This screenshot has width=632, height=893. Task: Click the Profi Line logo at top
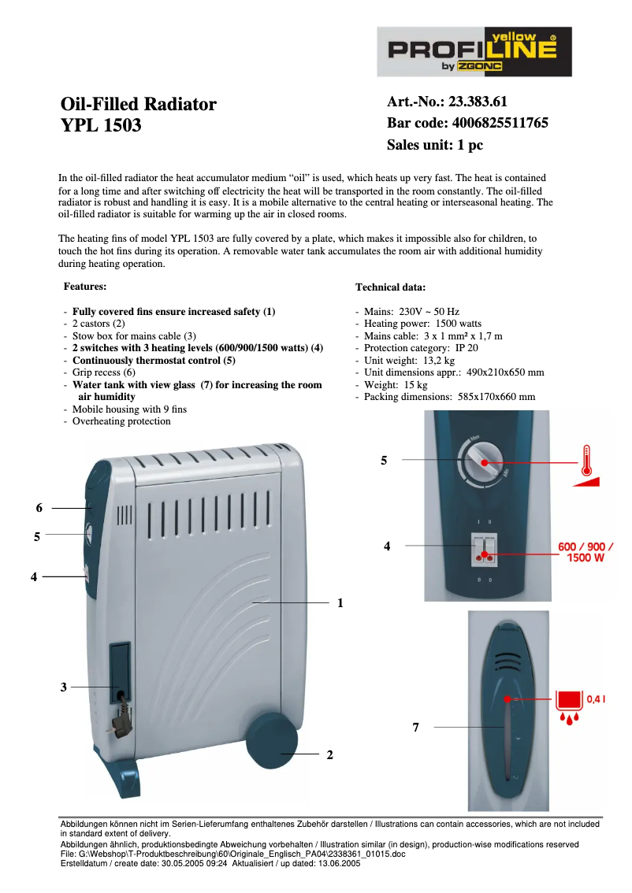(x=474, y=52)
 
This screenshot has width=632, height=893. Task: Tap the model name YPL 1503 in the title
(x=101, y=124)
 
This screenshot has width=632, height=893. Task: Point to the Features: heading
(x=84, y=287)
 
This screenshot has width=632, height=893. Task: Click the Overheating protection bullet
(x=121, y=421)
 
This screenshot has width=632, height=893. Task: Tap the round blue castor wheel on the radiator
(x=272, y=741)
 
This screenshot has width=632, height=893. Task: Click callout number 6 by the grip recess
(x=39, y=508)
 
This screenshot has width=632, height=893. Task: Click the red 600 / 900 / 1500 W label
(x=586, y=552)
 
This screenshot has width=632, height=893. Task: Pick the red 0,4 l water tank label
(x=596, y=698)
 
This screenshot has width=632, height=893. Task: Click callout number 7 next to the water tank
(x=415, y=728)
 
